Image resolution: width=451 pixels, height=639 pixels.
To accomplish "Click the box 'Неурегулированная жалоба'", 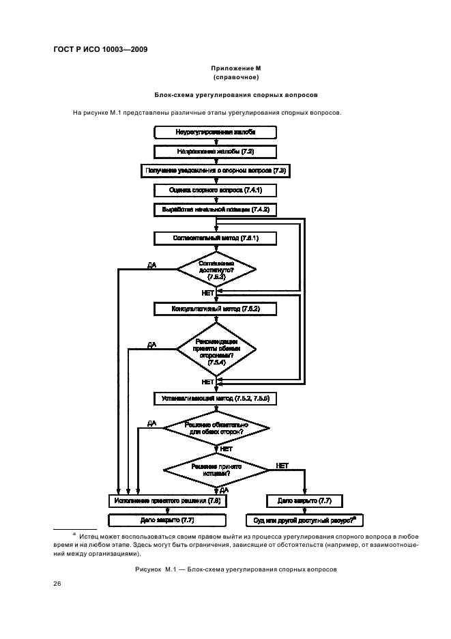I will tap(216, 132).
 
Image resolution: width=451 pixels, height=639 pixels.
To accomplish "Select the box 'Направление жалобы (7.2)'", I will tap(216, 151).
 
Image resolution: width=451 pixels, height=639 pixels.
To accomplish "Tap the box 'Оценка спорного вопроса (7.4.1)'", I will tap(216, 190).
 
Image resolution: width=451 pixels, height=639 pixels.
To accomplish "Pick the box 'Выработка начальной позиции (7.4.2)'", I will tap(216, 209).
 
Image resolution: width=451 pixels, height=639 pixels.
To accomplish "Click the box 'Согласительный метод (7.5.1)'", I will tap(216, 238).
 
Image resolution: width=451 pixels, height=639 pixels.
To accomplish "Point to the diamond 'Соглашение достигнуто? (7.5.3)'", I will tap(216, 270).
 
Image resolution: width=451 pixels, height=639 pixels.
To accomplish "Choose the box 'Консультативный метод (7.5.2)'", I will tap(216, 309).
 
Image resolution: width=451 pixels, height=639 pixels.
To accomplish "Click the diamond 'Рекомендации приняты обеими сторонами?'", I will tap(216, 348).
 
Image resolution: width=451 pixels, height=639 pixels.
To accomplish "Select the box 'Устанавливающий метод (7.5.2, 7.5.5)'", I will tap(216, 397).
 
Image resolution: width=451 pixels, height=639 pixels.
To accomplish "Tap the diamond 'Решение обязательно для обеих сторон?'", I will tap(216, 429).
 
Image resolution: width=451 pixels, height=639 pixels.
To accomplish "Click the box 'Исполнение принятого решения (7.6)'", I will tap(168, 500).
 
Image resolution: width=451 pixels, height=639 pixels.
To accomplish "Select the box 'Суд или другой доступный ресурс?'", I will tap(305, 520).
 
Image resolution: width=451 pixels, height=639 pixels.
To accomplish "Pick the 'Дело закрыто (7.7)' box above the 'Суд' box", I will tap(305, 500).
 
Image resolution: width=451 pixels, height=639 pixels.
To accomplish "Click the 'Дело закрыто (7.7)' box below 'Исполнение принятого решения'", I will tap(168, 520).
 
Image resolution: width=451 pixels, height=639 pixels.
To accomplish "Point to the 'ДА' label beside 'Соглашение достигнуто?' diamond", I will tap(151, 264).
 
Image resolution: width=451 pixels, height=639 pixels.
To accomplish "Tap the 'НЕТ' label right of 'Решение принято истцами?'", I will tap(282, 465).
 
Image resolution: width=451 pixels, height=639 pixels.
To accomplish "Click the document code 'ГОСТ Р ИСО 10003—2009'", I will tap(101, 49).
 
